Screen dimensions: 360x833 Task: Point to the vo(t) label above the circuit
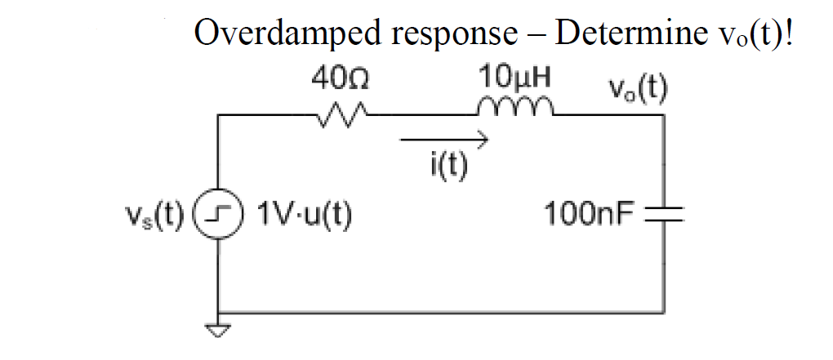(637, 87)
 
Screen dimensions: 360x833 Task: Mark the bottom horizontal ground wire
(441, 311)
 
